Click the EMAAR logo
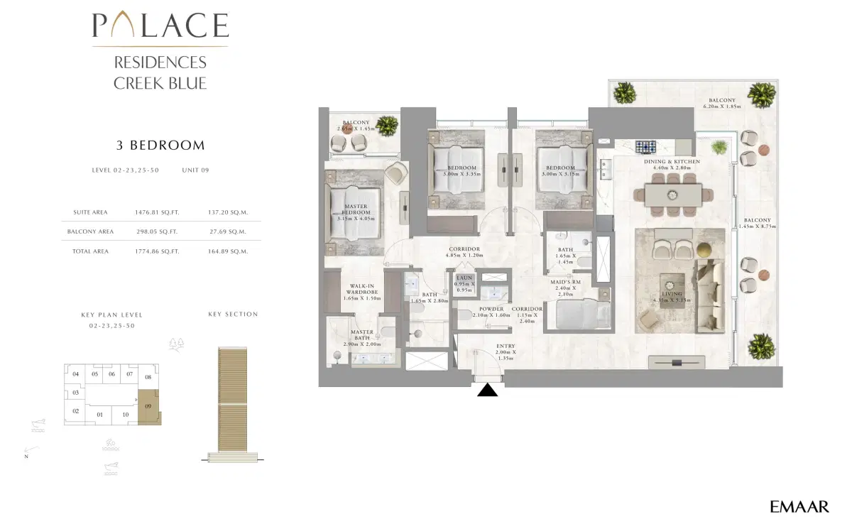[799, 506]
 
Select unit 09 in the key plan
[148, 407]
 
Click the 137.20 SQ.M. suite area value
[227, 212]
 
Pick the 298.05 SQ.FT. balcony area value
[156, 231]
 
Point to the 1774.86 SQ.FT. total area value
[156, 251]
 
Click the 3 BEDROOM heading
[160, 146]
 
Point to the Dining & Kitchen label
[672, 165]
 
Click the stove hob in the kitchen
[645, 147]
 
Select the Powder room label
[491, 312]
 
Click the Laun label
[464, 282]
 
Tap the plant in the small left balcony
[387, 126]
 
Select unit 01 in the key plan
[100, 415]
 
